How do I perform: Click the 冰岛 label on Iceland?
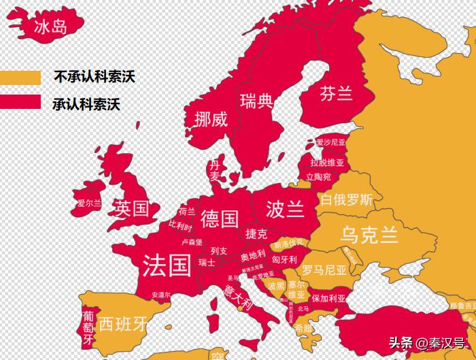[51, 27]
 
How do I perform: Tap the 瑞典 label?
[256, 102]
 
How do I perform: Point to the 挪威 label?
[210, 119]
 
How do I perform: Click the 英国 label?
[131, 208]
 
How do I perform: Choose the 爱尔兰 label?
[88, 203]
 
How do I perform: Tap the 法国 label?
[167, 265]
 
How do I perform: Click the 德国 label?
[220, 218]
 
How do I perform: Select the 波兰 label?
[286, 208]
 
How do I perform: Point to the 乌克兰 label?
[369, 234]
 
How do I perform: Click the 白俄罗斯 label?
[346, 200]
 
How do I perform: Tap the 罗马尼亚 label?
[324, 269]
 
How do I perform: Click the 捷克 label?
[256, 234]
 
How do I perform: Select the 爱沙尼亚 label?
[330, 143]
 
